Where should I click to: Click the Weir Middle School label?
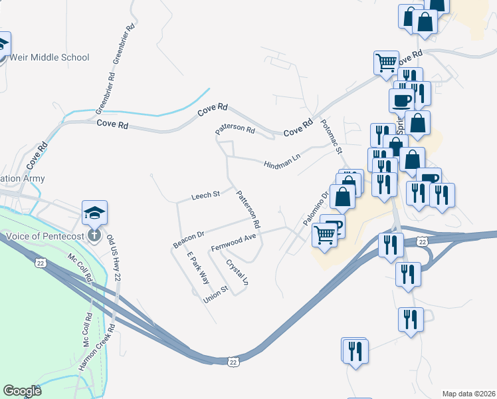[x=47, y=57]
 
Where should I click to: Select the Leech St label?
[x=205, y=196]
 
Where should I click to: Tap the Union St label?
[x=216, y=295]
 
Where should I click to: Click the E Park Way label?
[x=198, y=269]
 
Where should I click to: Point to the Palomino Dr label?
[x=316, y=207]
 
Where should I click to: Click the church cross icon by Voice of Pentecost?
[x=94, y=235]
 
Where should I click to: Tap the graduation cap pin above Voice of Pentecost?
[x=94, y=213]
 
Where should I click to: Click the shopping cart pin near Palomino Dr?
[x=324, y=233]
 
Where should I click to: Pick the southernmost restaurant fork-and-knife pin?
[x=354, y=350]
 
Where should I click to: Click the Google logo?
[x=22, y=391]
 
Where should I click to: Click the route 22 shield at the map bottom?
[x=232, y=360]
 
